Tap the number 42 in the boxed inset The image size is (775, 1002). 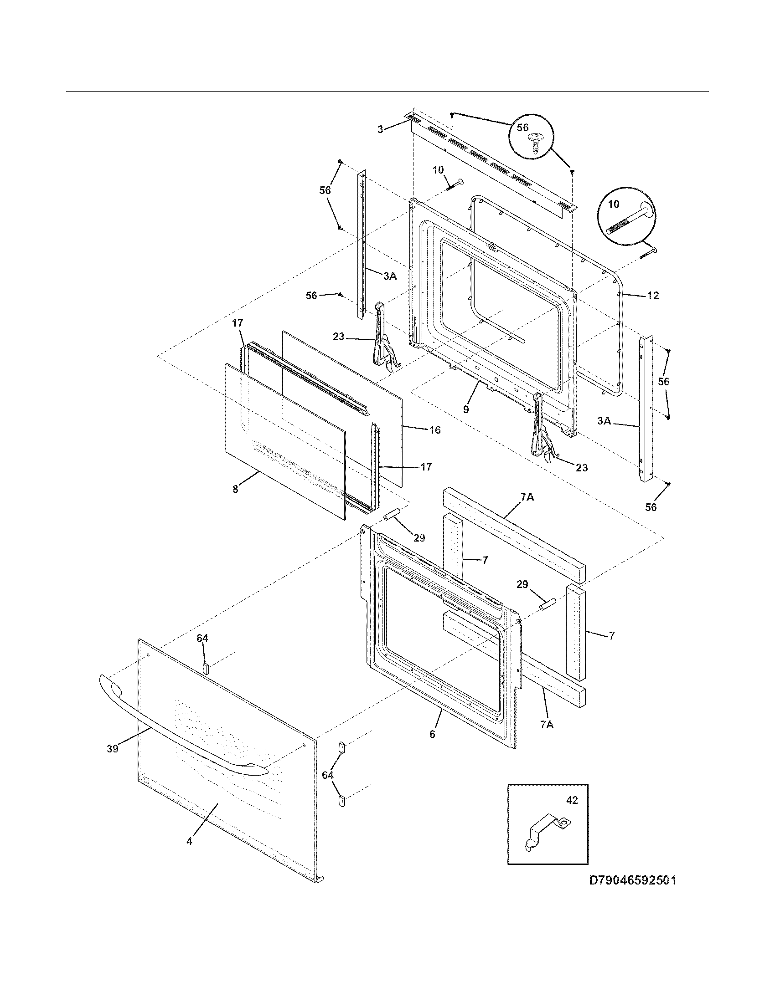(572, 800)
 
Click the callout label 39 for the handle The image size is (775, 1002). (112, 749)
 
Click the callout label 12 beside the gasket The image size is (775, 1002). (652, 296)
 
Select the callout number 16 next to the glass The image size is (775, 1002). (434, 430)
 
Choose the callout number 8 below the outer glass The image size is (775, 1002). (235, 489)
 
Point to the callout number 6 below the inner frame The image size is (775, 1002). (432, 734)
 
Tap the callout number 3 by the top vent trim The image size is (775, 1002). (380, 130)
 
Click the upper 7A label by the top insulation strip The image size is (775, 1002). (527, 496)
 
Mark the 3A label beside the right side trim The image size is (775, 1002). (604, 420)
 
